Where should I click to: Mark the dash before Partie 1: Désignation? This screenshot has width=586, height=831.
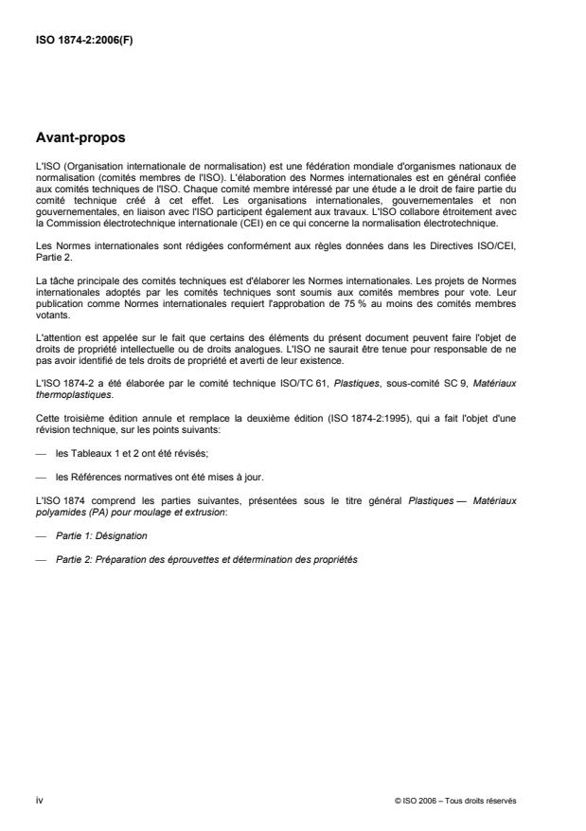point(40,535)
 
